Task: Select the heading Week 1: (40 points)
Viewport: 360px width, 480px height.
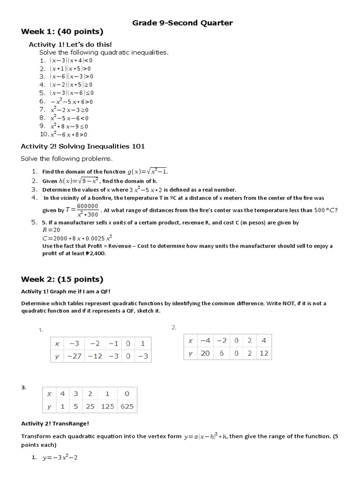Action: click(62, 32)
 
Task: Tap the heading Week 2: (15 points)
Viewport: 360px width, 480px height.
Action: click(62, 279)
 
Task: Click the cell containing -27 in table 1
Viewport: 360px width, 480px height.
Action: click(74, 356)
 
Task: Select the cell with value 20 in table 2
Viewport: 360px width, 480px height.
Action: click(205, 353)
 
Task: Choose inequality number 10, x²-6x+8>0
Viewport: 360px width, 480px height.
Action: click(69, 134)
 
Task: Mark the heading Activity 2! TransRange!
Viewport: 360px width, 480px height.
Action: click(55, 424)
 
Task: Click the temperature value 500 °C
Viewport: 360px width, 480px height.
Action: click(325, 210)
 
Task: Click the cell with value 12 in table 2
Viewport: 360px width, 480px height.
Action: click(263, 353)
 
